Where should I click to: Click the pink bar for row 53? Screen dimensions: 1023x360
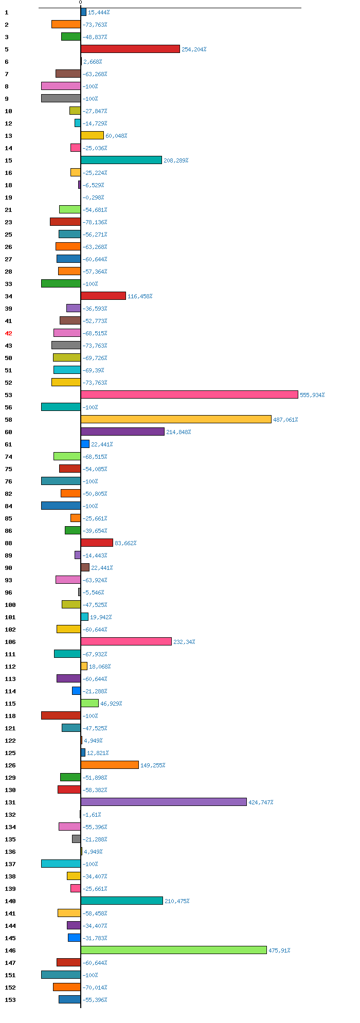click(x=189, y=394)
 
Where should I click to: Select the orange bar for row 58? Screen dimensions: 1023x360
click(x=176, y=419)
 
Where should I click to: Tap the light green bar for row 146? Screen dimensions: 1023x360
click(x=174, y=950)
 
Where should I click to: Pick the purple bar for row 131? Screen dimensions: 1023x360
click(x=164, y=802)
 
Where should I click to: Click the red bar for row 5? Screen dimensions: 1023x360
click(x=130, y=49)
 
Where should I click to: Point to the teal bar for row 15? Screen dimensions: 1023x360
click(x=121, y=160)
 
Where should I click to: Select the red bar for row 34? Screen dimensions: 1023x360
click(x=103, y=296)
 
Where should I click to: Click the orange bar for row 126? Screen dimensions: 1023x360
click(x=110, y=765)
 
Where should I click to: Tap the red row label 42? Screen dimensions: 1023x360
click(x=8, y=333)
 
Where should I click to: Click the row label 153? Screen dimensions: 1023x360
click(x=10, y=1000)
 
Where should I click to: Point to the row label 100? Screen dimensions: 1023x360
click(x=10, y=605)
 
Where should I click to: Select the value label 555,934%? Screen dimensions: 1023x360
click(x=312, y=395)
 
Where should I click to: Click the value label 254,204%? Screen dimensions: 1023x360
click(x=194, y=49)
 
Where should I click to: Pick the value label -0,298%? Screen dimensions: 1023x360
click(x=93, y=198)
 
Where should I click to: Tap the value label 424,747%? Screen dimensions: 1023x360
click(x=261, y=802)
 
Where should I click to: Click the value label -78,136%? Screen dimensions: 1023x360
click(x=95, y=222)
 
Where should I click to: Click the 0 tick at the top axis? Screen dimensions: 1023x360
click(x=80, y=3)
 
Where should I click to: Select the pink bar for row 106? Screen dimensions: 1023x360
click(x=126, y=641)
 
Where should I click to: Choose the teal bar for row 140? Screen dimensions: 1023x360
click(x=122, y=901)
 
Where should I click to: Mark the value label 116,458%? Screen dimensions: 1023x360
click(x=140, y=296)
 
